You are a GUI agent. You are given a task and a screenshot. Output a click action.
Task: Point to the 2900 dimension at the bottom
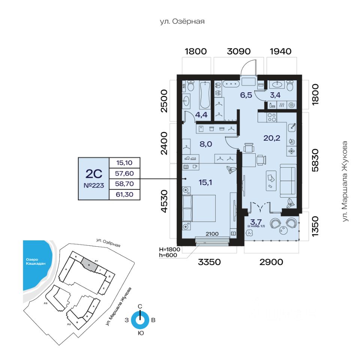tap(271, 262)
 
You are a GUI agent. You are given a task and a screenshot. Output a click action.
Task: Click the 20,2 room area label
tap(272, 138)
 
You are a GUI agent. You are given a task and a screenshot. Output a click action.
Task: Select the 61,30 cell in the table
tap(124, 194)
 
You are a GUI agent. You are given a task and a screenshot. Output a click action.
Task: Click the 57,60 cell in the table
tap(124, 174)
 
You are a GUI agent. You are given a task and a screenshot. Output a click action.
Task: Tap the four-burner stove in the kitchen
tap(271, 117)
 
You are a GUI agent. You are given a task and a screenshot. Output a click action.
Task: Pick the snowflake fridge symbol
tap(291, 151)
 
